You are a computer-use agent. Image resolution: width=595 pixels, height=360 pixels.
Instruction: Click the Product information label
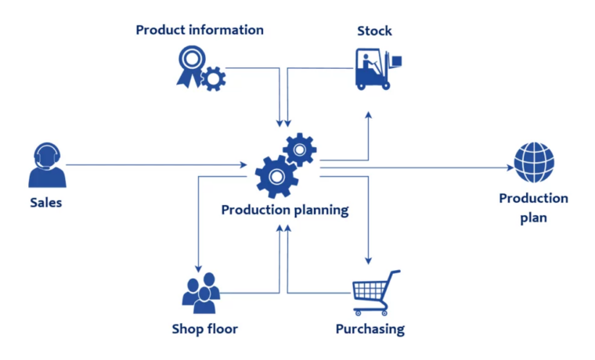pyautogui.click(x=200, y=31)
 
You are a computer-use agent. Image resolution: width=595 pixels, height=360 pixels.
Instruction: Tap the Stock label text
pyautogui.click(x=374, y=31)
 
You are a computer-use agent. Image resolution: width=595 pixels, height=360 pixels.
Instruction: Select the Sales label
pyautogui.click(x=46, y=203)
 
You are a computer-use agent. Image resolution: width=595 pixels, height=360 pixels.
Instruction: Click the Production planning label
pyautogui.click(x=284, y=210)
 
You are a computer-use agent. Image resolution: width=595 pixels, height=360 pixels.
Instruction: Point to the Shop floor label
pyautogui.click(x=204, y=329)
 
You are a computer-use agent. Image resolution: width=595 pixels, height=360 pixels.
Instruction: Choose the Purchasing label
pyautogui.click(x=370, y=329)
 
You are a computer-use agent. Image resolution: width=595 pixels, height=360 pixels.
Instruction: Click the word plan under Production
pyautogui.click(x=533, y=218)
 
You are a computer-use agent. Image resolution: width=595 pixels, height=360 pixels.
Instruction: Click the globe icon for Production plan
pyautogui.click(x=534, y=162)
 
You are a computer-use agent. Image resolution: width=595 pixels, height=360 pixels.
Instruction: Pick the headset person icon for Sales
pyautogui.click(x=47, y=165)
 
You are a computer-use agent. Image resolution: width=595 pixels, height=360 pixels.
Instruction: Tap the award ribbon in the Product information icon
pyautogui.click(x=191, y=64)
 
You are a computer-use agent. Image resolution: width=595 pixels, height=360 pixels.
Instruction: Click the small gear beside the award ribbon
pyautogui.click(x=213, y=78)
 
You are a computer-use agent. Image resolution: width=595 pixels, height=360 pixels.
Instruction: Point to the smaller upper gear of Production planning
pyautogui.click(x=299, y=149)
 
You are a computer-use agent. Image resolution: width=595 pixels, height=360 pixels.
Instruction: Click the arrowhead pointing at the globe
pyautogui.click(x=507, y=167)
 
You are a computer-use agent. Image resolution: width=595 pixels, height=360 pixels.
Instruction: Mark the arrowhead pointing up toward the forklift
pyautogui.click(x=368, y=116)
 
